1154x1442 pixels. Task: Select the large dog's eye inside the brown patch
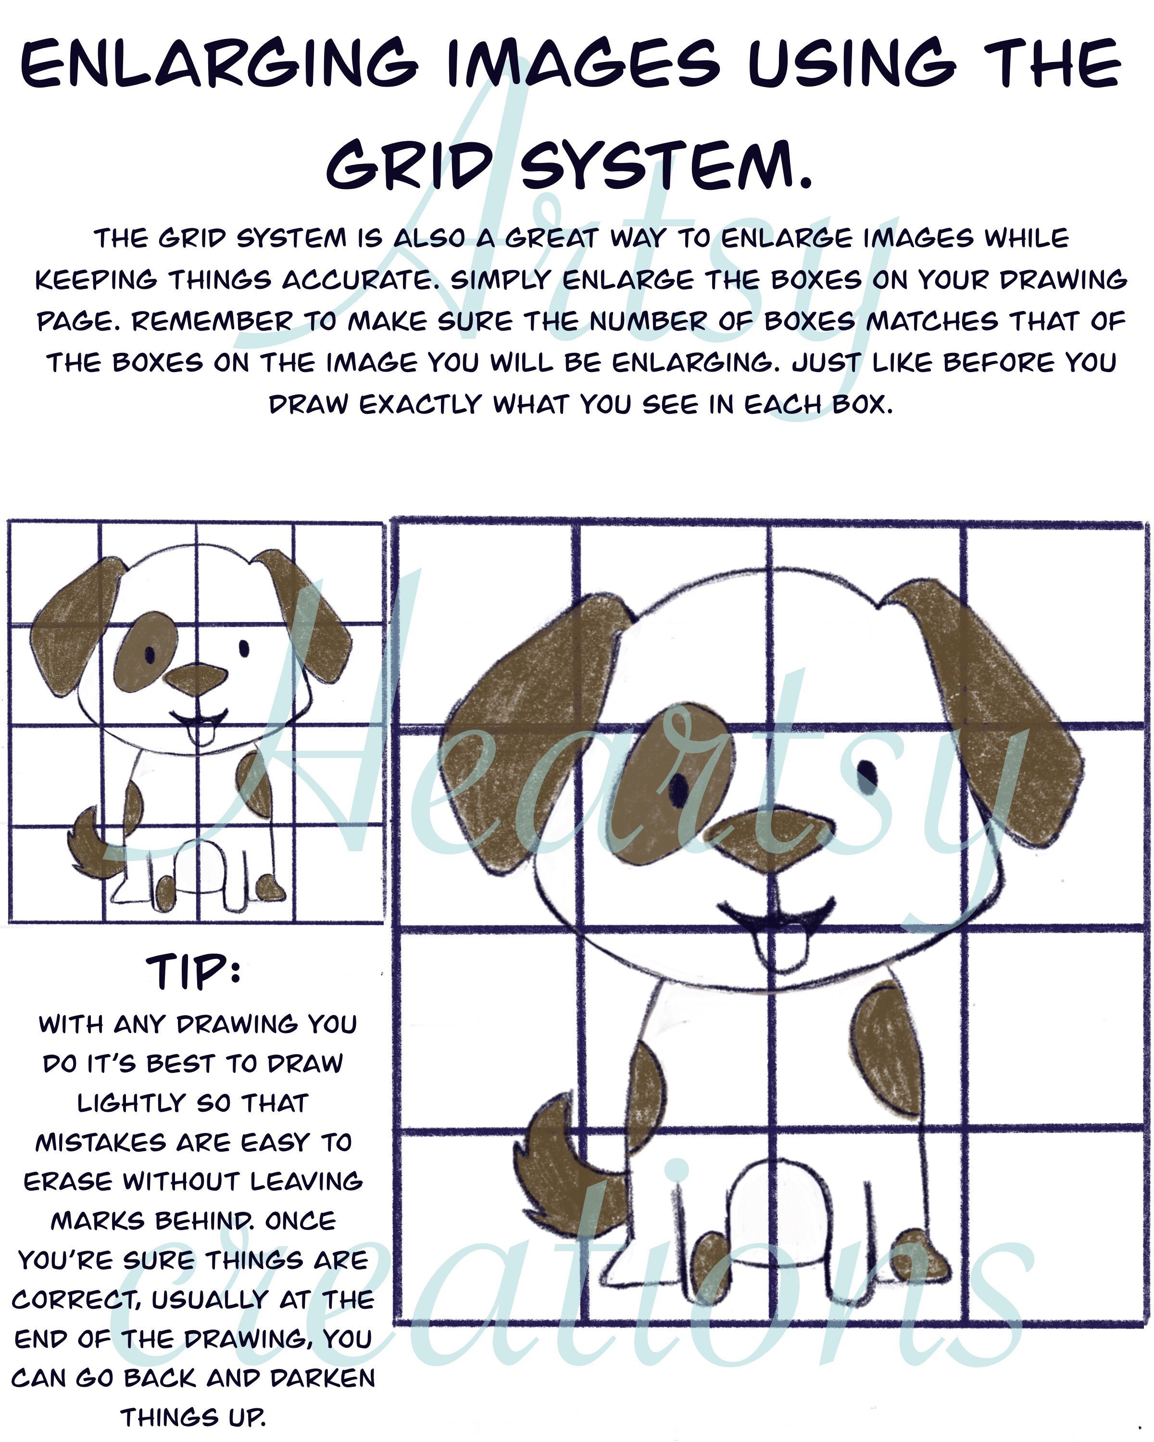coord(678,790)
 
